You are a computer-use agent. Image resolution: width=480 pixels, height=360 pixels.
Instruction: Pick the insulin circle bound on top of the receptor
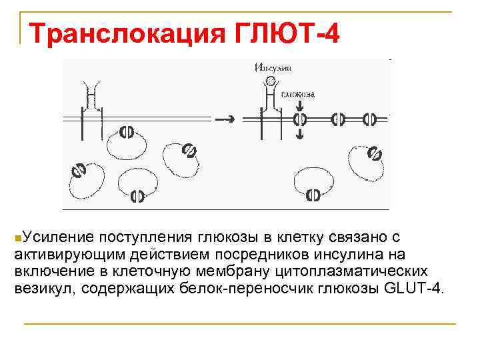[x=270, y=81]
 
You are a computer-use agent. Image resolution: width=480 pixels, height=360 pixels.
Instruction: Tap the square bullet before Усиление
[x=17, y=238]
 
